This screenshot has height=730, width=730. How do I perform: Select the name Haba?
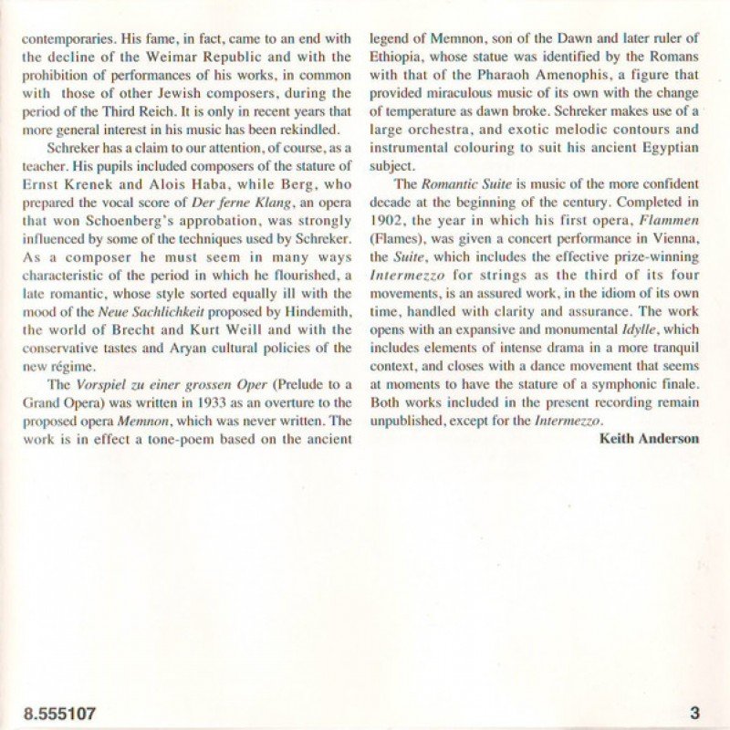click(x=206, y=181)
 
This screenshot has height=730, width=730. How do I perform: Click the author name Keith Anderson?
click(x=649, y=438)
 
